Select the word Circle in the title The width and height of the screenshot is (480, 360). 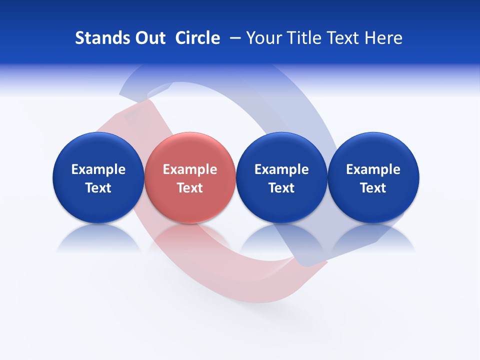click(197, 38)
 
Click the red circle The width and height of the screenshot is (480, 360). click(190, 150)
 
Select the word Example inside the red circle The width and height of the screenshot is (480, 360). click(190, 169)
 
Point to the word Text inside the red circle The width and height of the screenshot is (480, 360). click(190, 188)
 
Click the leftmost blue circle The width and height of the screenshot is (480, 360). click(98, 150)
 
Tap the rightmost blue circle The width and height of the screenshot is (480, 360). click(373, 150)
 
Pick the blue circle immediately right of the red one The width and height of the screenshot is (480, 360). click(281, 150)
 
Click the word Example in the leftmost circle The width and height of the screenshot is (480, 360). click(98, 169)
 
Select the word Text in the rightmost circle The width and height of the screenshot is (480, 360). click(373, 188)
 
